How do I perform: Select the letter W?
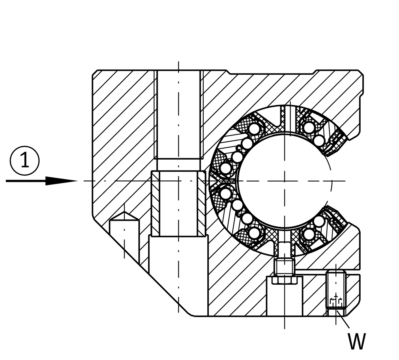coord(357,341)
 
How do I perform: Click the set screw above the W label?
coord(336,289)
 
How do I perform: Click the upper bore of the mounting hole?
coord(178,114)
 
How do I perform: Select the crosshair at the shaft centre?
coord(284,181)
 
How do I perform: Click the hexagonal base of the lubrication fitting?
coord(284,280)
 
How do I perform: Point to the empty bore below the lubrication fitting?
coord(284,300)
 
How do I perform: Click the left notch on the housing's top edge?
coord(228,72)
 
